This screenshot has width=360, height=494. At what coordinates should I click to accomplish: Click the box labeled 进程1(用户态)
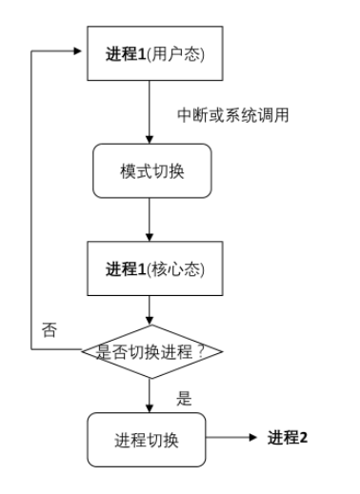150,52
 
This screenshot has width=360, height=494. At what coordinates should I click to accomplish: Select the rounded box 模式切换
150,171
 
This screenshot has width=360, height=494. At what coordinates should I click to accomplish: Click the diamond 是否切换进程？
150,351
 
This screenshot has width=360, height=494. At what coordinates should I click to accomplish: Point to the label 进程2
288,438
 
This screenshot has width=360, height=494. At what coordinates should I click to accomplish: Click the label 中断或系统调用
232,115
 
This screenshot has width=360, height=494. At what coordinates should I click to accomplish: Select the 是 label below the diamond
184,398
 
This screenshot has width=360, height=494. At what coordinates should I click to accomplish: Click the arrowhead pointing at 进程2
252,439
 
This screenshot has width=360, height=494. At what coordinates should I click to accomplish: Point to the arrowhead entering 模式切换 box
150,140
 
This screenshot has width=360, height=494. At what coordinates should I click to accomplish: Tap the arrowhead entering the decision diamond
150,321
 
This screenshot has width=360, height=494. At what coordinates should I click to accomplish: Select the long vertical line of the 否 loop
32,200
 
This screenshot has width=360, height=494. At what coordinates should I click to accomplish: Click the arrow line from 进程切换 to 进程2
229,439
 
